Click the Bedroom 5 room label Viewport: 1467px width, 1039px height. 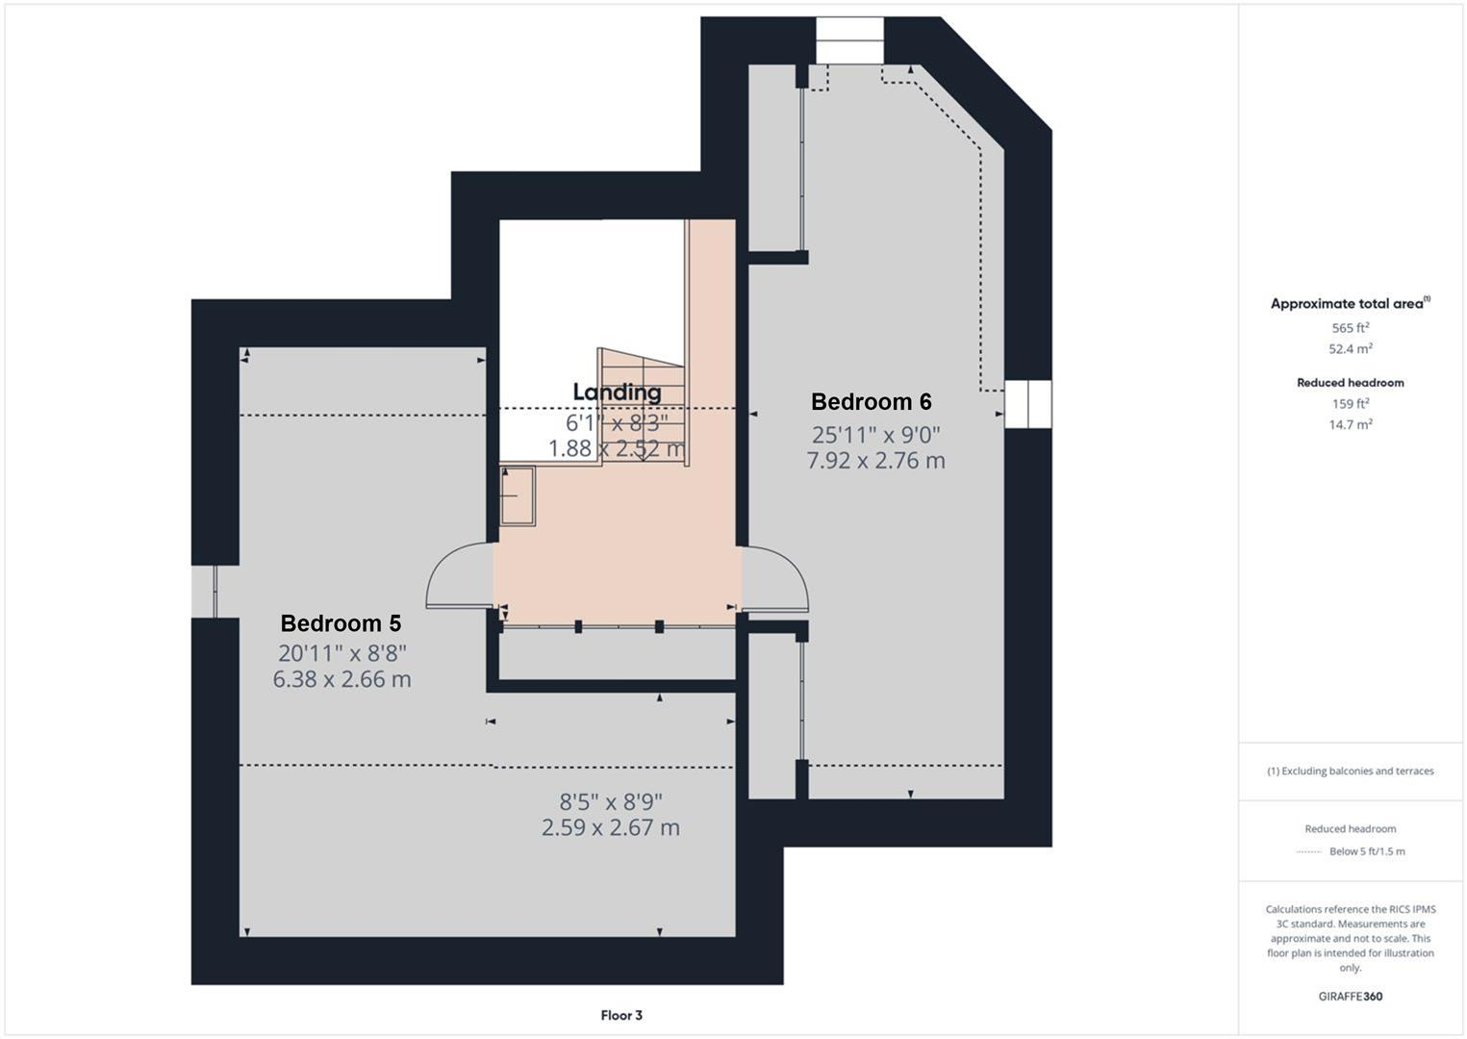(341, 623)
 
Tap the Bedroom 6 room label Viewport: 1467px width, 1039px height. (871, 401)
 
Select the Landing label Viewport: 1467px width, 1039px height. (617, 392)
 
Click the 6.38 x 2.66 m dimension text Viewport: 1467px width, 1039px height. (341, 679)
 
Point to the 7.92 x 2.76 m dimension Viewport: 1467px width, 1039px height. (875, 461)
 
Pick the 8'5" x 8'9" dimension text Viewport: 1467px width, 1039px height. (611, 800)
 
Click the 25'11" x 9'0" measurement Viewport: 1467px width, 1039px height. (875, 435)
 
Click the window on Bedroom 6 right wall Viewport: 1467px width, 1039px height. (1027, 404)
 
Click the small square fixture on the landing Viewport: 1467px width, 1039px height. (518, 496)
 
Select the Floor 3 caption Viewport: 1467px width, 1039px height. (620, 1015)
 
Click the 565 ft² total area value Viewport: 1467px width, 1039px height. (1350, 328)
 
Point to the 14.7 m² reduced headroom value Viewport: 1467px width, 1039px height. (1350, 424)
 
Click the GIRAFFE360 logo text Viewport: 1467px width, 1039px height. (1350, 997)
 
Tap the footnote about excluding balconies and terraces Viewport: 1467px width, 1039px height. (1350, 771)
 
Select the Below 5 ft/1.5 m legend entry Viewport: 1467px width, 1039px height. (1366, 851)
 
